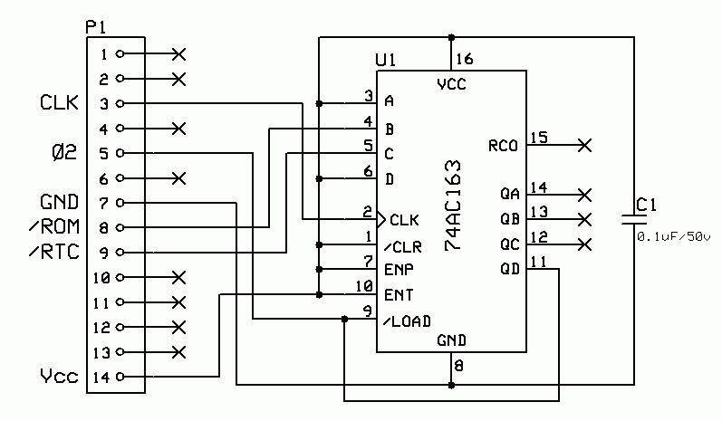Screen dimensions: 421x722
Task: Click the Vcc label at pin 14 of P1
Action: tap(59, 376)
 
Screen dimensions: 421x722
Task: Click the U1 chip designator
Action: tap(386, 60)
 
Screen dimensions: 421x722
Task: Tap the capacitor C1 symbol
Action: tap(631, 218)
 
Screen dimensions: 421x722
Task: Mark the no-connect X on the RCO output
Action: tap(585, 145)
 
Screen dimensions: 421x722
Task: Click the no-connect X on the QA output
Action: tap(585, 194)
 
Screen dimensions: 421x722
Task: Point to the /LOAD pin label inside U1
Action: tap(407, 321)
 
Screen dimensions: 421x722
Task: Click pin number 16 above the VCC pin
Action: tap(464, 60)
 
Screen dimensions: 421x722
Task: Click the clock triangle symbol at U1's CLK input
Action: tap(381, 219)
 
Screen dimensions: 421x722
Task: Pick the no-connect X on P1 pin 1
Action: tap(178, 54)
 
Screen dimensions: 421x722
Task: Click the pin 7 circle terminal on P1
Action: tap(120, 202)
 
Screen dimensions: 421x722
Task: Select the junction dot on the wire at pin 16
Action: tap(451, 38)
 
